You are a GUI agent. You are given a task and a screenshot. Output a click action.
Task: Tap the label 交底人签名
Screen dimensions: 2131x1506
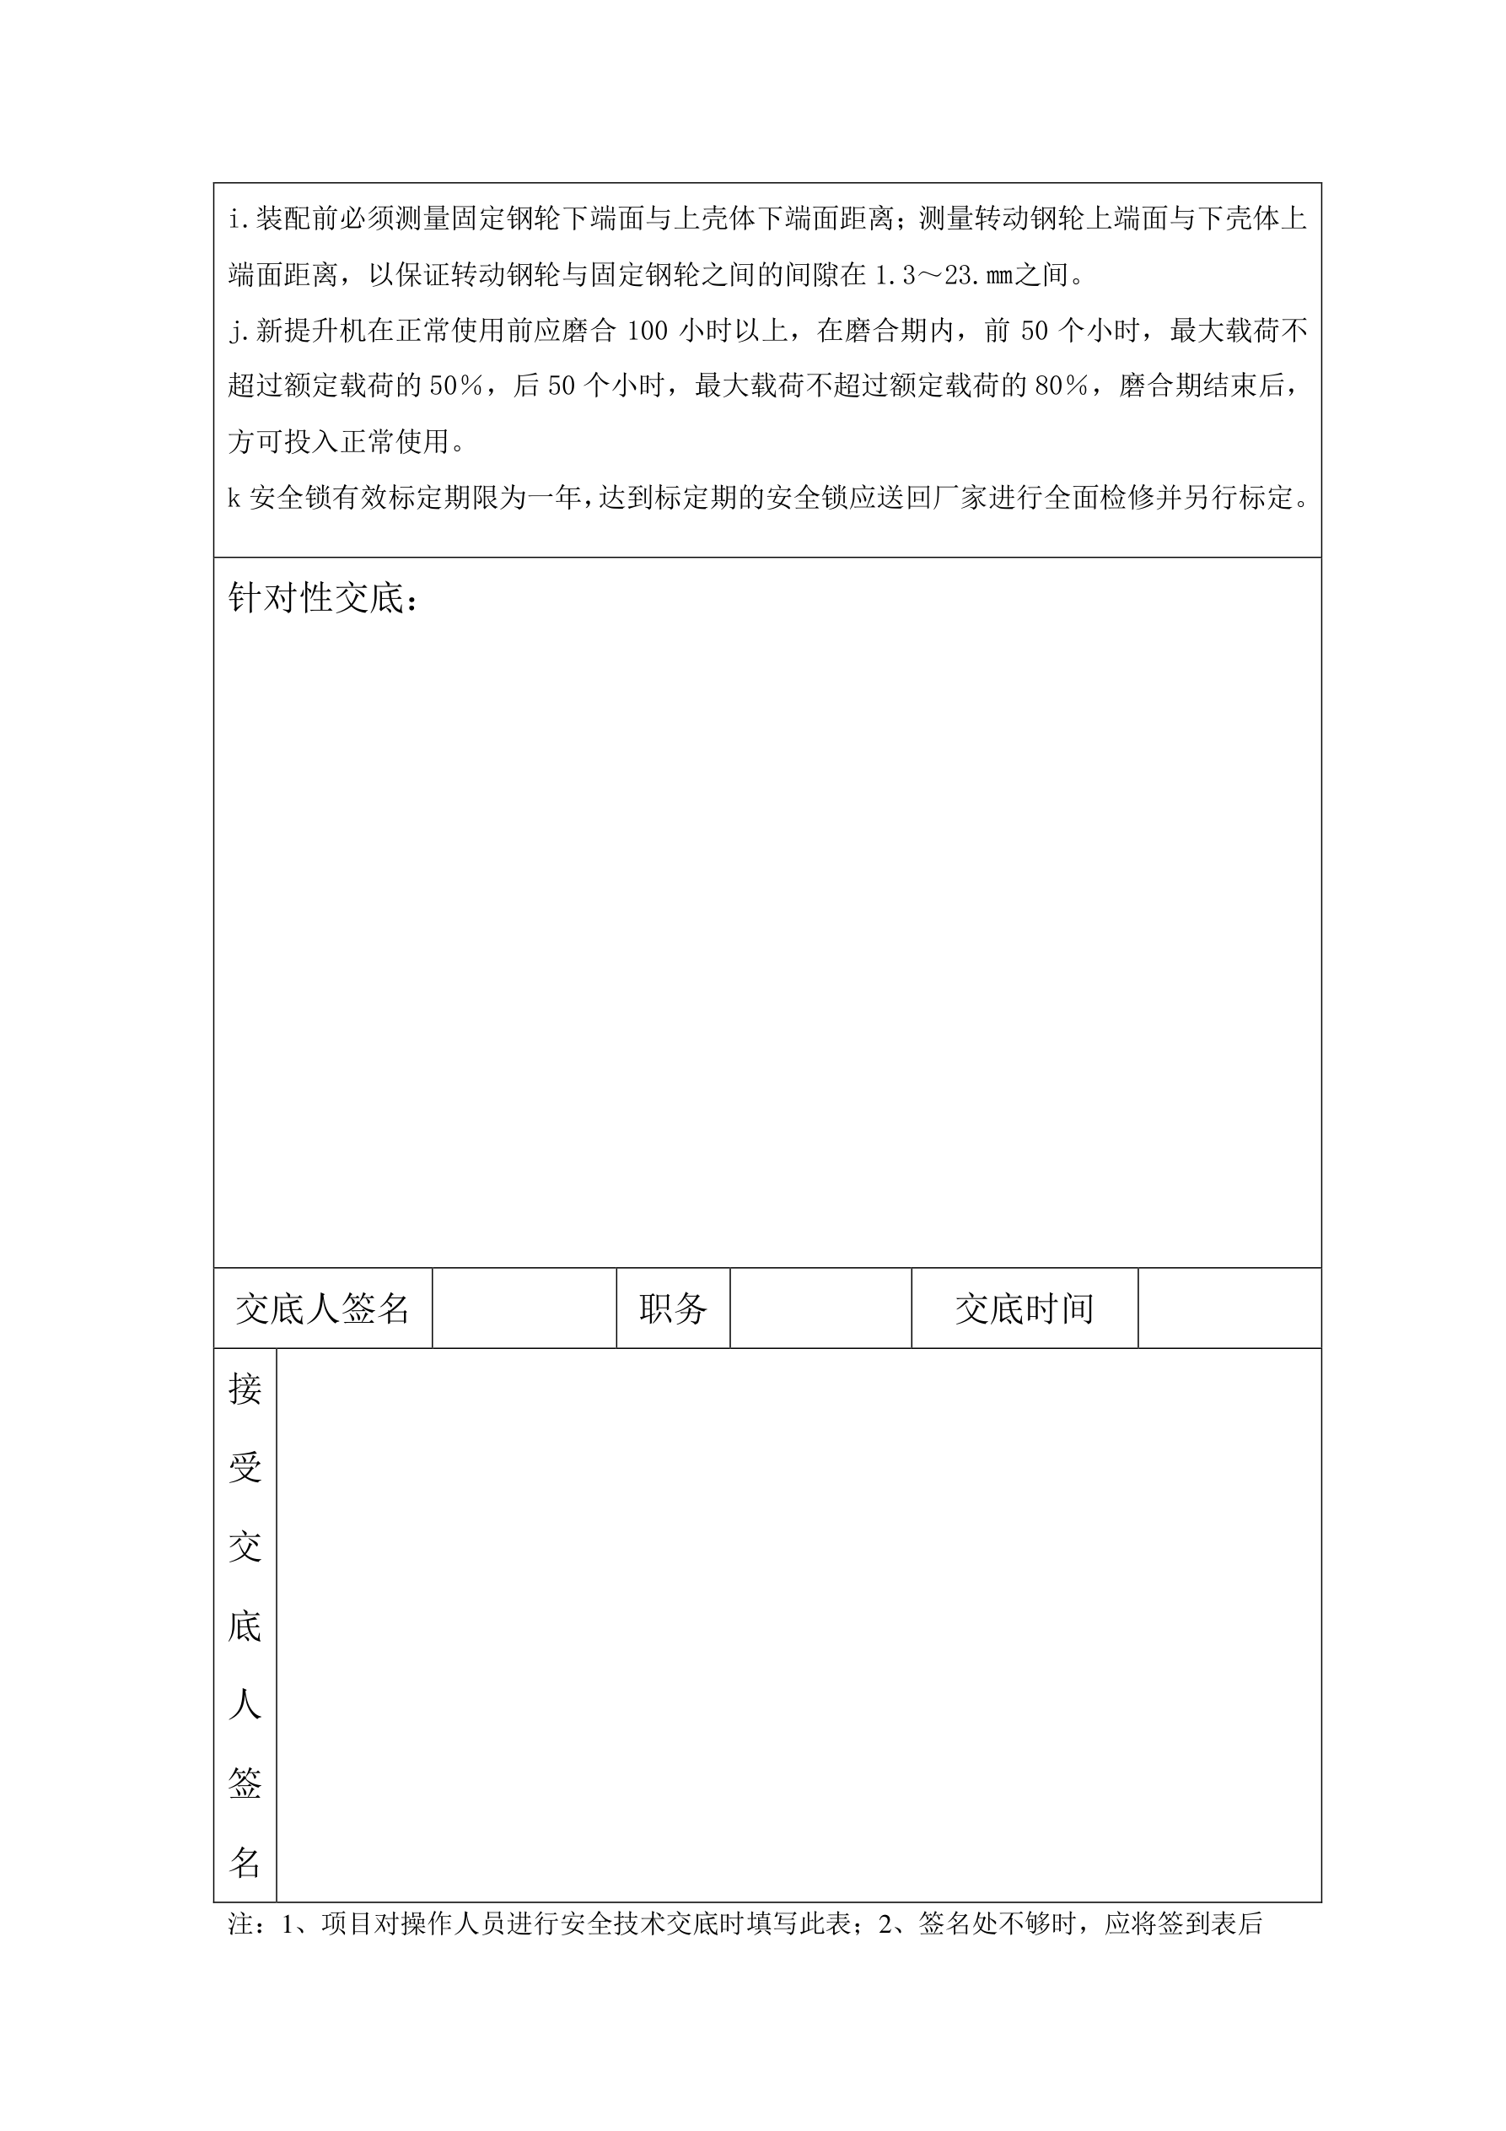322,1308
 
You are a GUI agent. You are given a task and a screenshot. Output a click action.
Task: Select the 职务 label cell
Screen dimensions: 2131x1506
673,1308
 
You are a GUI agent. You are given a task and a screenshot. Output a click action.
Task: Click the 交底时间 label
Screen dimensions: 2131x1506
1025,1308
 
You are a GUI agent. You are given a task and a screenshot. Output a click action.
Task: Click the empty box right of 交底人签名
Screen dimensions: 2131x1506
524,1308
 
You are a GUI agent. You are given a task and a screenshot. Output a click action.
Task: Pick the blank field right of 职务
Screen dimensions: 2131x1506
820,1308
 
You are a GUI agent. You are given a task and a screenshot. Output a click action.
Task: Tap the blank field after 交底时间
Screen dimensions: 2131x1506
1229,1308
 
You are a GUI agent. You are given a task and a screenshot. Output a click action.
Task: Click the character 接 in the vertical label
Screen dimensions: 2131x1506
245,1389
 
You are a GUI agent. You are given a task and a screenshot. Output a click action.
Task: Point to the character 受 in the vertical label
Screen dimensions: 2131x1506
245,1468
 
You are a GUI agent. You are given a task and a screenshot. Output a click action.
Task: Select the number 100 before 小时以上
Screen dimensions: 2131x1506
648,332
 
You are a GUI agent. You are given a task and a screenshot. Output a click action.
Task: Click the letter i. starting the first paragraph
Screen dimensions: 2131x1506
239,220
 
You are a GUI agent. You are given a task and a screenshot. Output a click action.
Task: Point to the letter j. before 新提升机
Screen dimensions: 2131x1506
239,332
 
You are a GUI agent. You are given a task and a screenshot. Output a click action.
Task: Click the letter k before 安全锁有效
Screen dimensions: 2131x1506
234,499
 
